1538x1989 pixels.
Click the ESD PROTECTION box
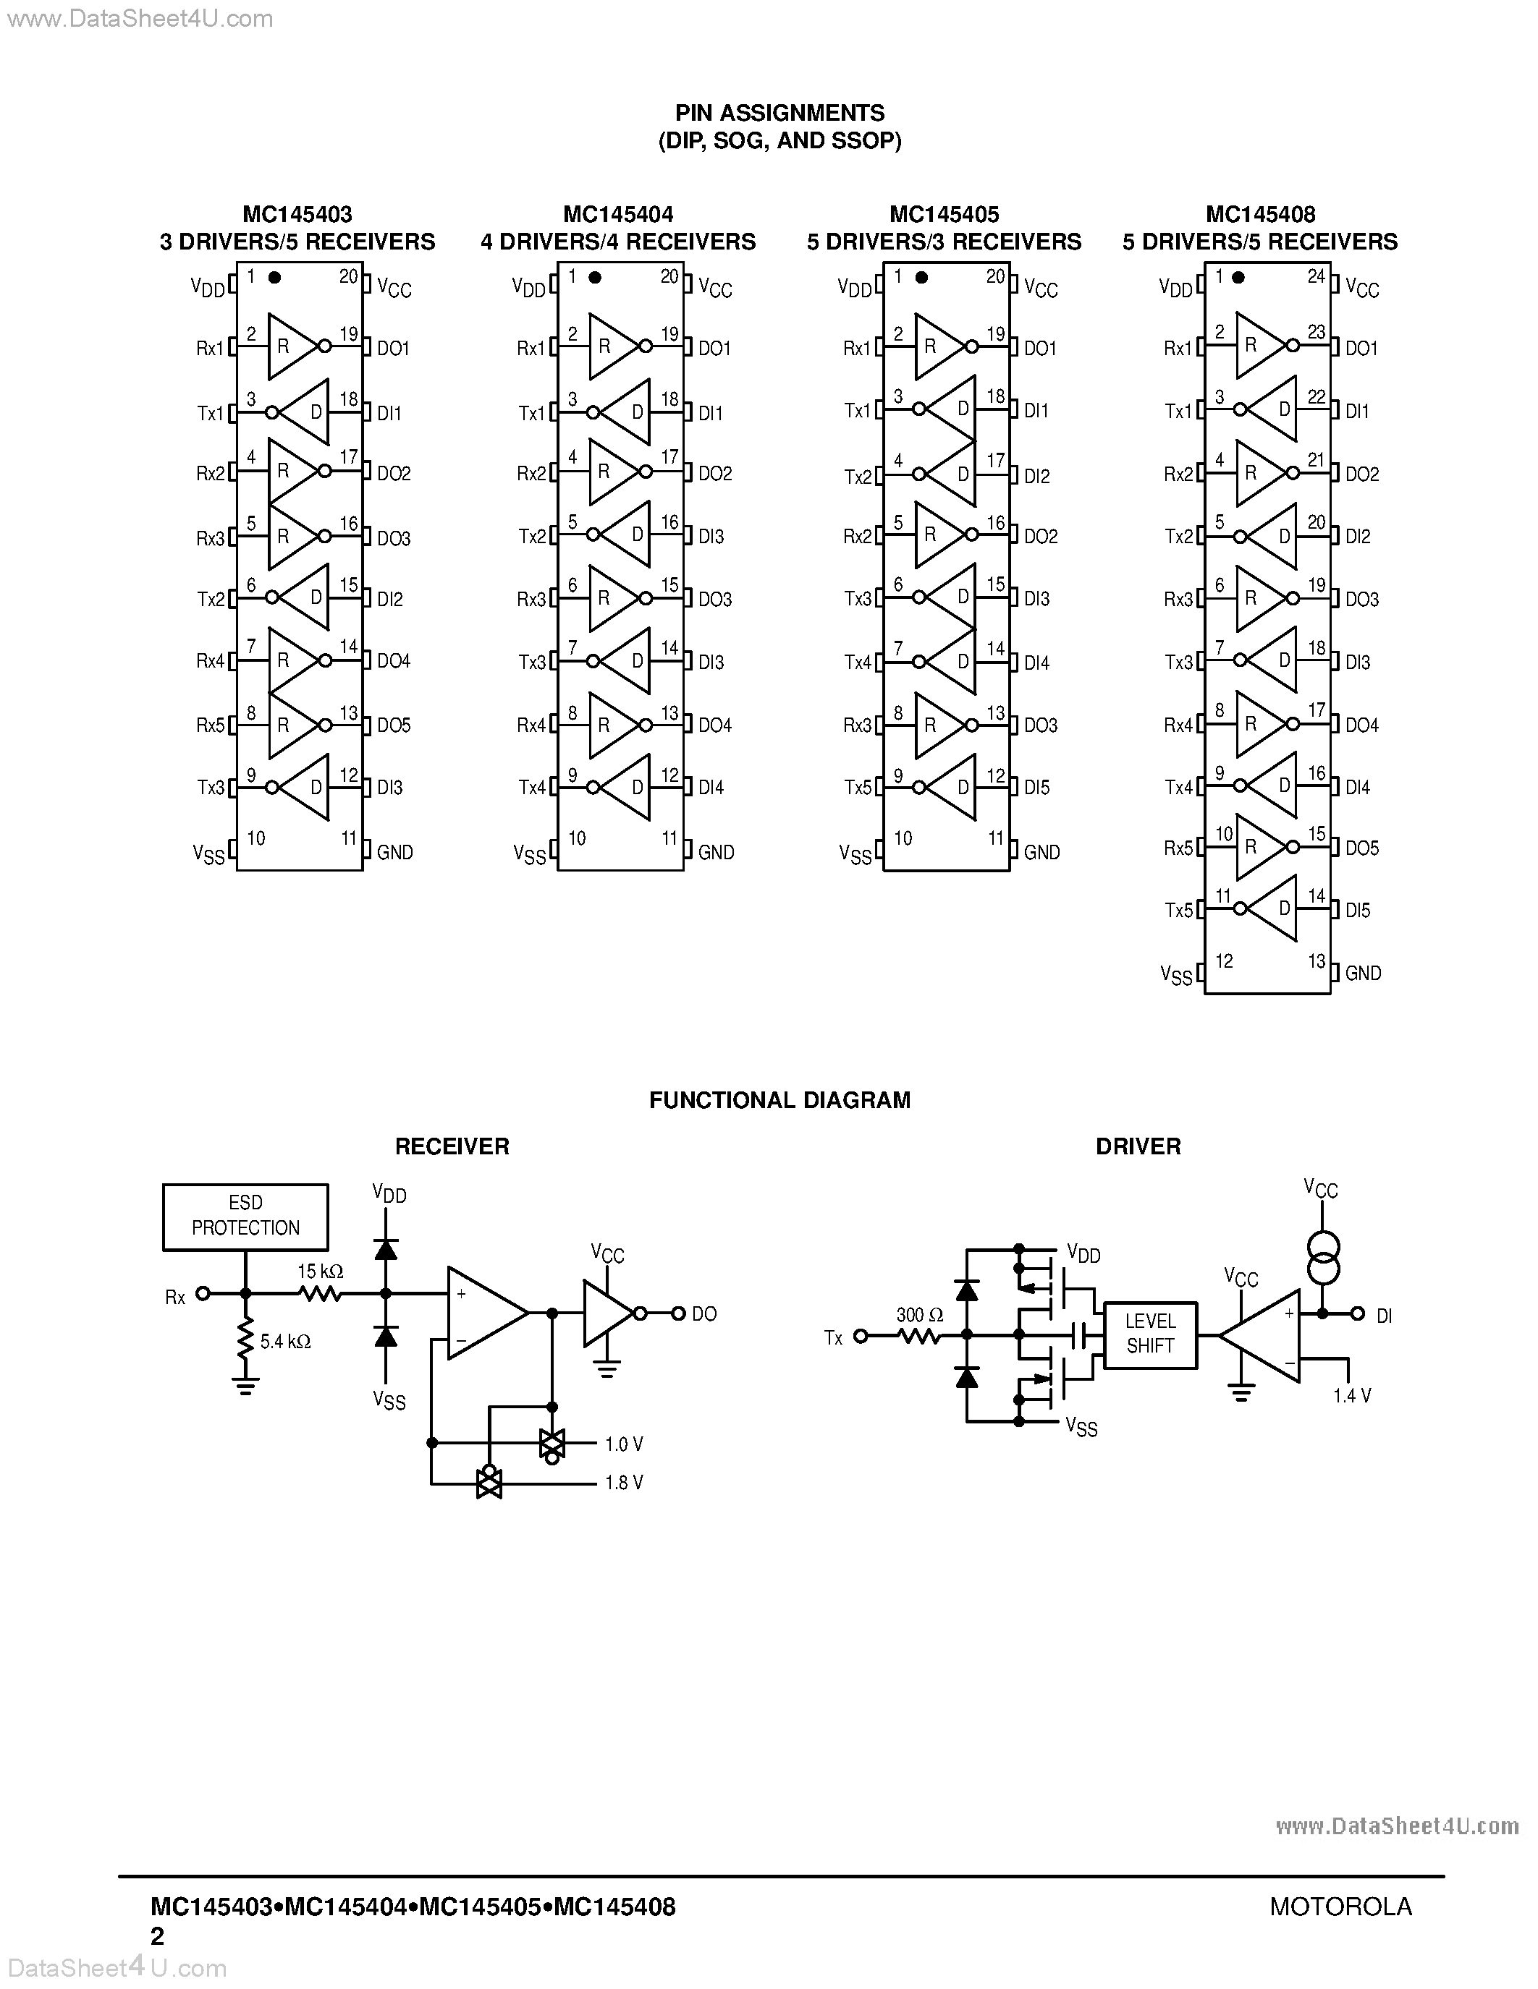[x=245, y=1216]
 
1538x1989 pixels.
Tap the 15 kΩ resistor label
[x=320, y=1271]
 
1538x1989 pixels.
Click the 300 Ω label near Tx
[x=919, y=1314]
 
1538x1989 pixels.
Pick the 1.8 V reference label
[x=623, y=1483]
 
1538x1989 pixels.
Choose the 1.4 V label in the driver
[x=1351, y=1395]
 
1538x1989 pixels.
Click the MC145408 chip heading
[x=1260, y=215]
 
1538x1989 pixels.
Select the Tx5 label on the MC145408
[x=1178, y=910]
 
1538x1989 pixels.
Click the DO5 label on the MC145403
[x=394, y=725]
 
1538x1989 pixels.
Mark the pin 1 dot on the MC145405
[x=921, y=278]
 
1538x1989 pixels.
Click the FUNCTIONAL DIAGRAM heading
[x=779, y=1099]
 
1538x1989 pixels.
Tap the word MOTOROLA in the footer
[x=1340, y=1906]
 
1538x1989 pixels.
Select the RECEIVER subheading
[x=452, y=1146]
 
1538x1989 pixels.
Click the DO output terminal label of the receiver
[x=703, y=1313]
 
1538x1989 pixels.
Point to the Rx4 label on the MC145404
[x=531, y=725]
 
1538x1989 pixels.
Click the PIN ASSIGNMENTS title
[x=779, y=113]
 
